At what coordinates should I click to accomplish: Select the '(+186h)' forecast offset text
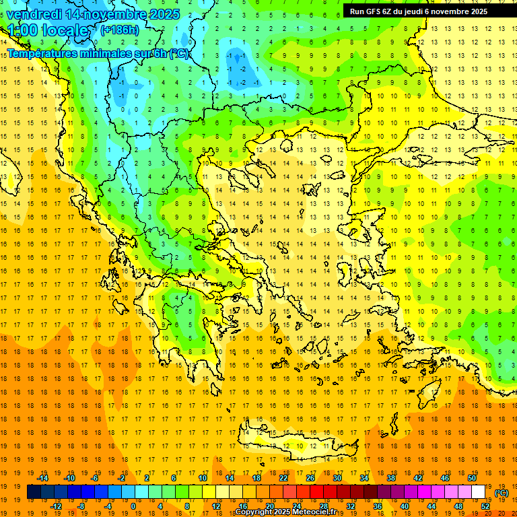120,30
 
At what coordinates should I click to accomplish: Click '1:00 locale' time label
48,30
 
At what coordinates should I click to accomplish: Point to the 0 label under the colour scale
133,506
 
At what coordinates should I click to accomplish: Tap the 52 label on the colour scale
485,506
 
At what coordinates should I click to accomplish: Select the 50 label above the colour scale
472,478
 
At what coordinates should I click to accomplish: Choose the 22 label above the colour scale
283,478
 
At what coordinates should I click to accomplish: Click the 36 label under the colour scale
378,506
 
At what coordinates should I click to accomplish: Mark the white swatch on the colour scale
479,492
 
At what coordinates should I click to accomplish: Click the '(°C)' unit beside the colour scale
502,493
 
